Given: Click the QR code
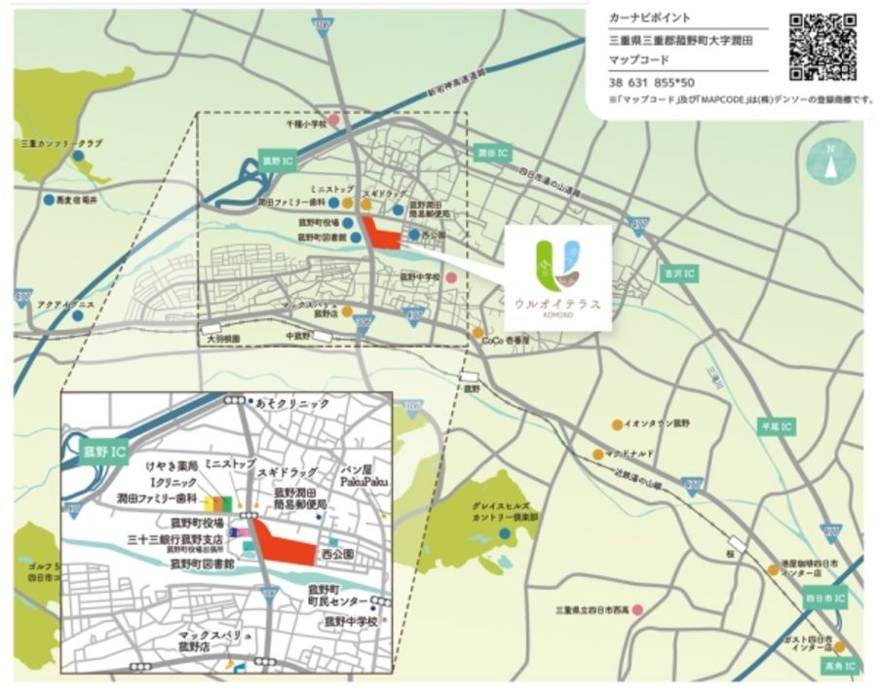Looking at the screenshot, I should pos(822,46).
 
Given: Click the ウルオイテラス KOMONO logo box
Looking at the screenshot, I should pos(557,277).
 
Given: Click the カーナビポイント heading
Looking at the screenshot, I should pos(649,18).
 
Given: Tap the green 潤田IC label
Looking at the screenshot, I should pos(492,153).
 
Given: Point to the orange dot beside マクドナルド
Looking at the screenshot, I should pos(596,454).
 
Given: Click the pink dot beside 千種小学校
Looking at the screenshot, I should pos(334,122).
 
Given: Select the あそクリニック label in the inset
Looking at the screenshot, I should pos(293,403).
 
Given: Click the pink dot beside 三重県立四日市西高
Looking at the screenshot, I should pos(637,610).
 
